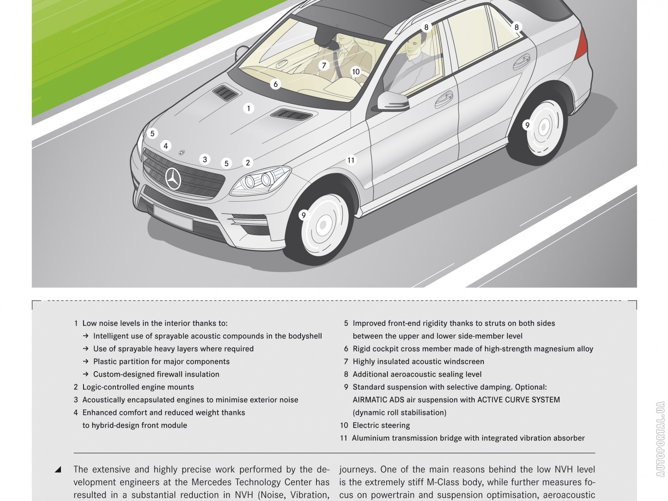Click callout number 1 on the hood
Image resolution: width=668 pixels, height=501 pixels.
tap(248, 109)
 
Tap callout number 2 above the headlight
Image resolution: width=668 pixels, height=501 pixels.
tap(248, 162)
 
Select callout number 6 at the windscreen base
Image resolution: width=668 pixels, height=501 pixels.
tap(275, 84)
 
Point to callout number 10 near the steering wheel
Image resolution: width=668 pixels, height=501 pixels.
tap(356, 72)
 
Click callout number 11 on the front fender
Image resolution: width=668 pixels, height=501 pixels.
tap(351, 160)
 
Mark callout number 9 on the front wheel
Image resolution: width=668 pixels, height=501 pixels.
tap(304, 215)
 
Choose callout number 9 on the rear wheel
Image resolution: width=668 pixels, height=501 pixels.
tap(527, 125)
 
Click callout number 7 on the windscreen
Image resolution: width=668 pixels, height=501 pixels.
tap(324, 66)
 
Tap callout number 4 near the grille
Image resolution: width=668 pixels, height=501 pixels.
tap(166, 146)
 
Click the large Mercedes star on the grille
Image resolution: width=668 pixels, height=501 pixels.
tap(173, 179)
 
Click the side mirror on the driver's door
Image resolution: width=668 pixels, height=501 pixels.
tap(392, 101)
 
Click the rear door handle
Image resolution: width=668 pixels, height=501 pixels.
tap(522, 61)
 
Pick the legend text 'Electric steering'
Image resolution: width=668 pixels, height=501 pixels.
tap(381, 425)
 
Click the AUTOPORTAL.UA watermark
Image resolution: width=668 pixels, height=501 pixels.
tap(660, 439)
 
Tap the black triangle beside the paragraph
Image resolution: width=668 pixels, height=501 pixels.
tap(58, 470)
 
